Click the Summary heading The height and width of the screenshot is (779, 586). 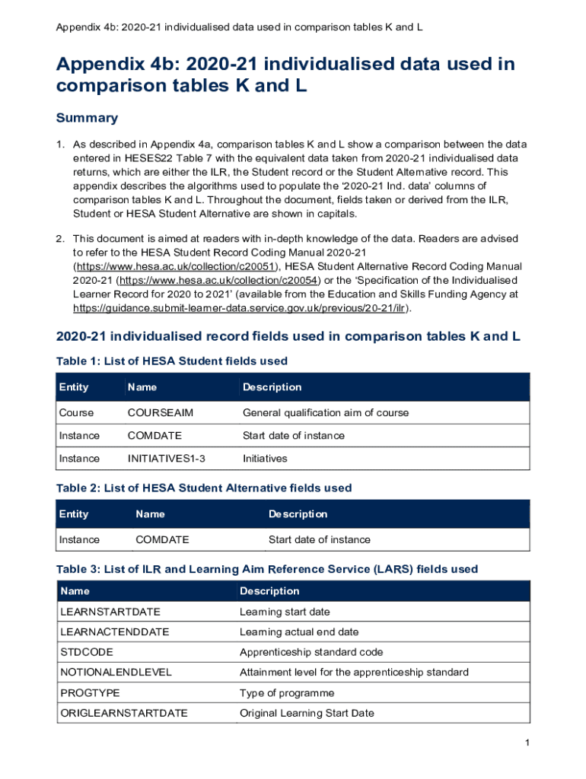[87, 118]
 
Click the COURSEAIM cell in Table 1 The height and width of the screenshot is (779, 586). [160, 413]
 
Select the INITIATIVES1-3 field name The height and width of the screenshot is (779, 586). [166, 459]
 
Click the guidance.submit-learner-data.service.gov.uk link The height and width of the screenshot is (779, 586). [240, 308]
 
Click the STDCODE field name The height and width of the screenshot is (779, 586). [83, 653]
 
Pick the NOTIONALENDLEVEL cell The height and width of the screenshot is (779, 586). [116, 672]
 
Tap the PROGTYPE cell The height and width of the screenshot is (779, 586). [90, 693]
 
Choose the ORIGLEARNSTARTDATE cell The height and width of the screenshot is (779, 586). [123, 714]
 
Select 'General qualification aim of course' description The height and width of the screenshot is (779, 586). [325, 413]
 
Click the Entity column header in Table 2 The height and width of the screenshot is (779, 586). [74, 514]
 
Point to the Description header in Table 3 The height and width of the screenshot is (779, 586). [269, 591]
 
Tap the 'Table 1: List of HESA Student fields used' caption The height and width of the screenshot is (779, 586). [172, 361]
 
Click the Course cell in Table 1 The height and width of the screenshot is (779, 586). [76, 413]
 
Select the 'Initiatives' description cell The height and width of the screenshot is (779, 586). [264, 459]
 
